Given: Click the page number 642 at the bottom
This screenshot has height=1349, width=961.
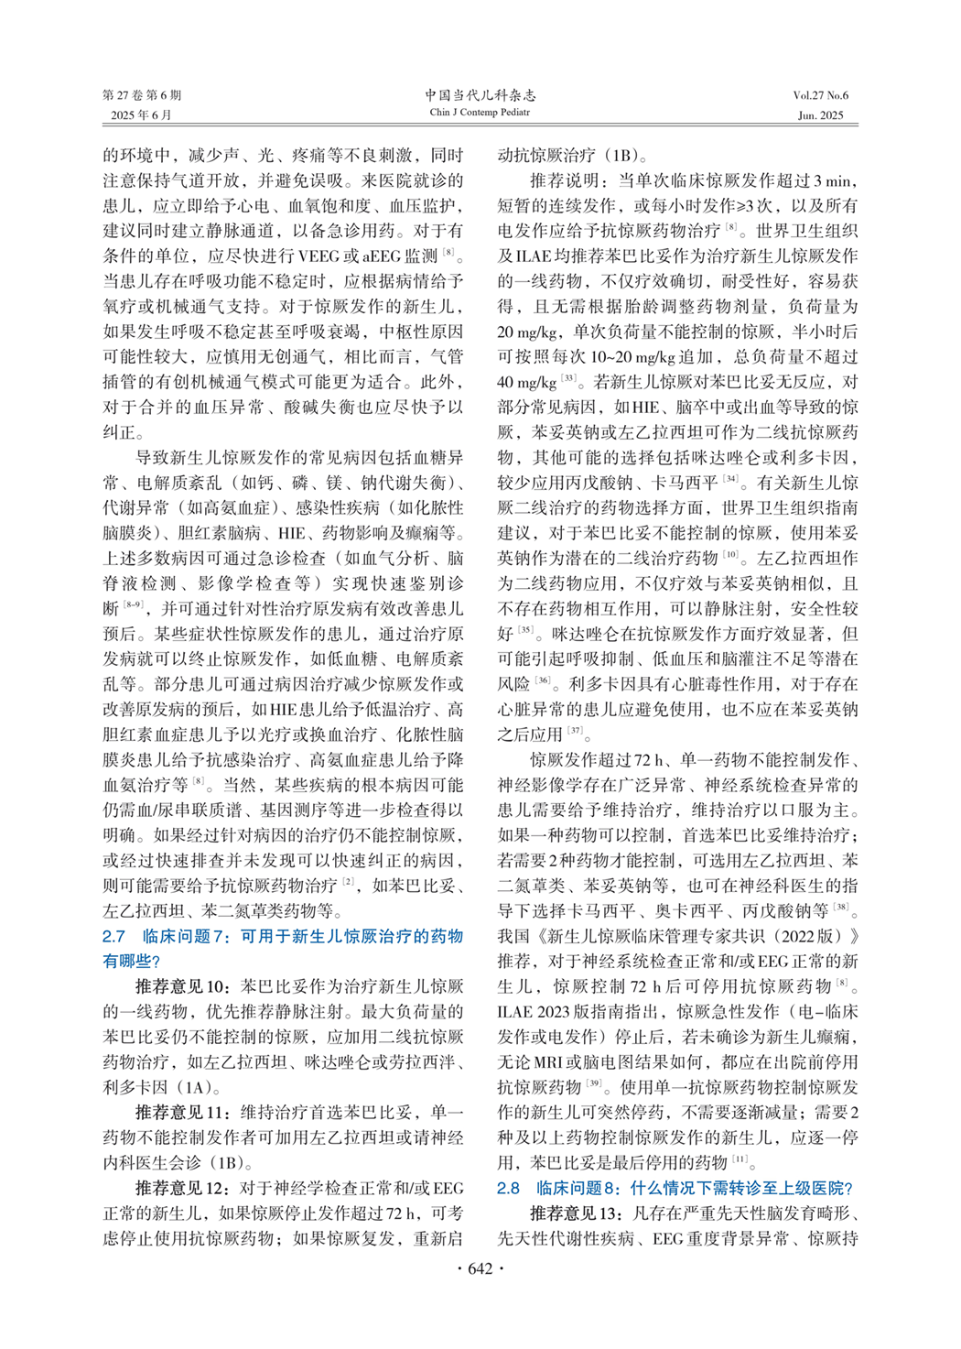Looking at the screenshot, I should coord(480,1268).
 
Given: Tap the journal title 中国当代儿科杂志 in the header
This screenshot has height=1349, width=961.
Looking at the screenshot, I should coord(480,95).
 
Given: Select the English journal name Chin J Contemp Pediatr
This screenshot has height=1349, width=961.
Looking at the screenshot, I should coord(480,113).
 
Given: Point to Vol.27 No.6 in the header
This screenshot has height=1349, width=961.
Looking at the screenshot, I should coord(820,95).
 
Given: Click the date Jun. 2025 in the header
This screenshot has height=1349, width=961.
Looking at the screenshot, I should coord(821,115).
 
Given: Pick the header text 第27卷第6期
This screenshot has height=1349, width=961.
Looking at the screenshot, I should coord(142,95).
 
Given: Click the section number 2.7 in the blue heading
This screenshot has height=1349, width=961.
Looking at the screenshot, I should coord(113,936).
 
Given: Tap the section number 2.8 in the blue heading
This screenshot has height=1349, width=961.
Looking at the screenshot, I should coord(508,1188).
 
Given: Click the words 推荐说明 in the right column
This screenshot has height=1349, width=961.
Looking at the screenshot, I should coord(564,180).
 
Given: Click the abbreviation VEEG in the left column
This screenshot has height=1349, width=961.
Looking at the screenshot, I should coord(319,256).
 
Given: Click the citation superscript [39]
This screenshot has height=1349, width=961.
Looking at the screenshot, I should coord(595,1084).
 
